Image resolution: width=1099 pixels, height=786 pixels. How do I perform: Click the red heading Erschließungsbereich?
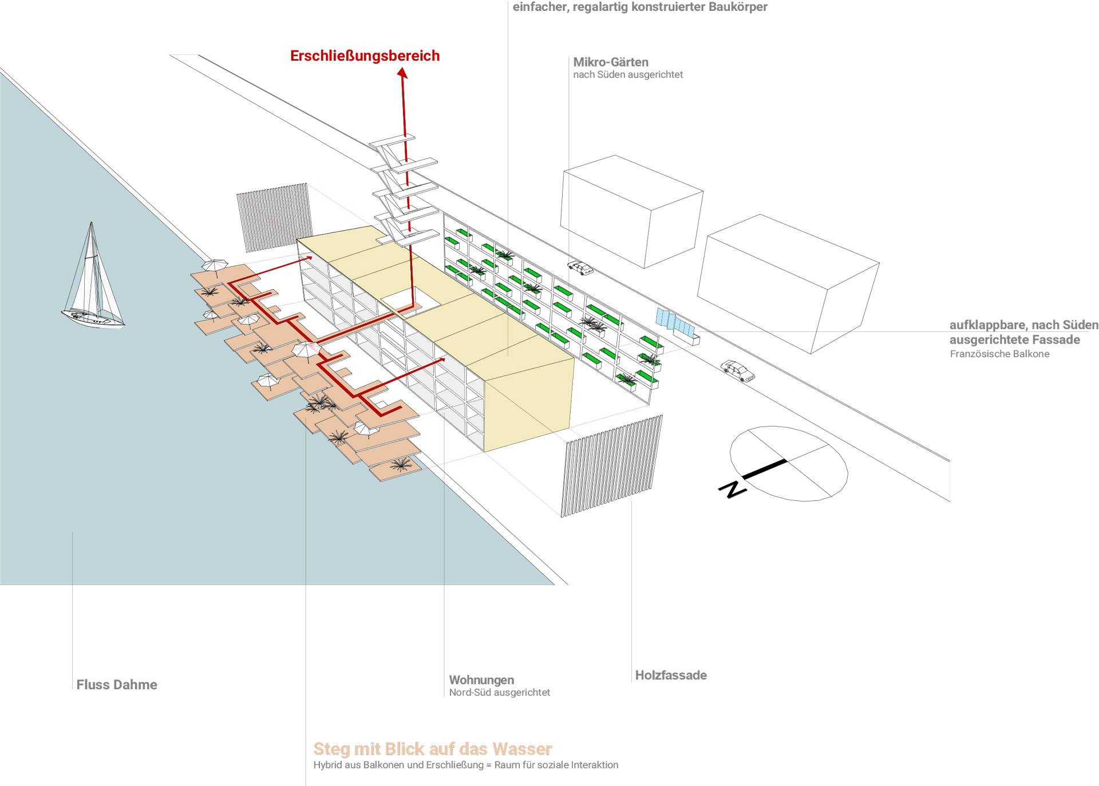point(365,56)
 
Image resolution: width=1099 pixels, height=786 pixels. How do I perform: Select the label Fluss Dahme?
point(117,685)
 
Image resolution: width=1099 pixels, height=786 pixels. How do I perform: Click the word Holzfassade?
point(671,676)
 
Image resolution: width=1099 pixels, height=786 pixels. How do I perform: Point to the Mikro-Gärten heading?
point(611,62)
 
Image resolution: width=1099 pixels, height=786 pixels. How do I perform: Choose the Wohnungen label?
point(481,680)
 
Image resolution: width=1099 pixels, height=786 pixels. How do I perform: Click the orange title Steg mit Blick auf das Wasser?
point(432,749)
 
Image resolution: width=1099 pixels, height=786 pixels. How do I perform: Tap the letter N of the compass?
point(732,489)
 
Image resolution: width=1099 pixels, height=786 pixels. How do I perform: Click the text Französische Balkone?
point(999,354)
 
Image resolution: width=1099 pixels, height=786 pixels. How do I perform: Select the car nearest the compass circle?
point(738,370)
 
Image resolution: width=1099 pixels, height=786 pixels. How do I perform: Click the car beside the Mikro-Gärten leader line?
point(580,267)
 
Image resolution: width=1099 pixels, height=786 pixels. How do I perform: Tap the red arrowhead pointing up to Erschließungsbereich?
point(402,73)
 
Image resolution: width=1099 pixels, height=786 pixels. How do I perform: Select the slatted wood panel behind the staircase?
point(274,217)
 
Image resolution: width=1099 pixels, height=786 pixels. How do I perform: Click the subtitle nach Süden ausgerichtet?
point(628,74)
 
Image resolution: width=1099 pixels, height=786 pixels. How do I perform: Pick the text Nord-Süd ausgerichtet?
point(499,693)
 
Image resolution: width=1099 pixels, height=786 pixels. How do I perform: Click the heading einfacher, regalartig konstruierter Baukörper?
point(640,7)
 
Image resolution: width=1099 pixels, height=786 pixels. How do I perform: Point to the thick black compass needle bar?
point(765,468)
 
